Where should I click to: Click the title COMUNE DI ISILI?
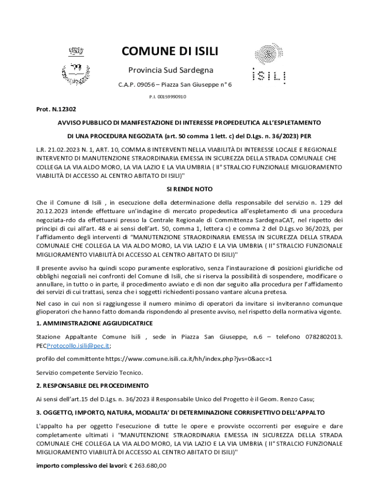(170, 52)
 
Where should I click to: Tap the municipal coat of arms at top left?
(76, 66)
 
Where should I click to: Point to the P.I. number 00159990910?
(167, 96)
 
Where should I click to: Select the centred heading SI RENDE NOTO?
(189, 189)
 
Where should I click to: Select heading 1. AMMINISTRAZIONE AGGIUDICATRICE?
(95, 323)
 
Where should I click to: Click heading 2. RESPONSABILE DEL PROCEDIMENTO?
(93, 385)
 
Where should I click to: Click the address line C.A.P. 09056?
(175, 85)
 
